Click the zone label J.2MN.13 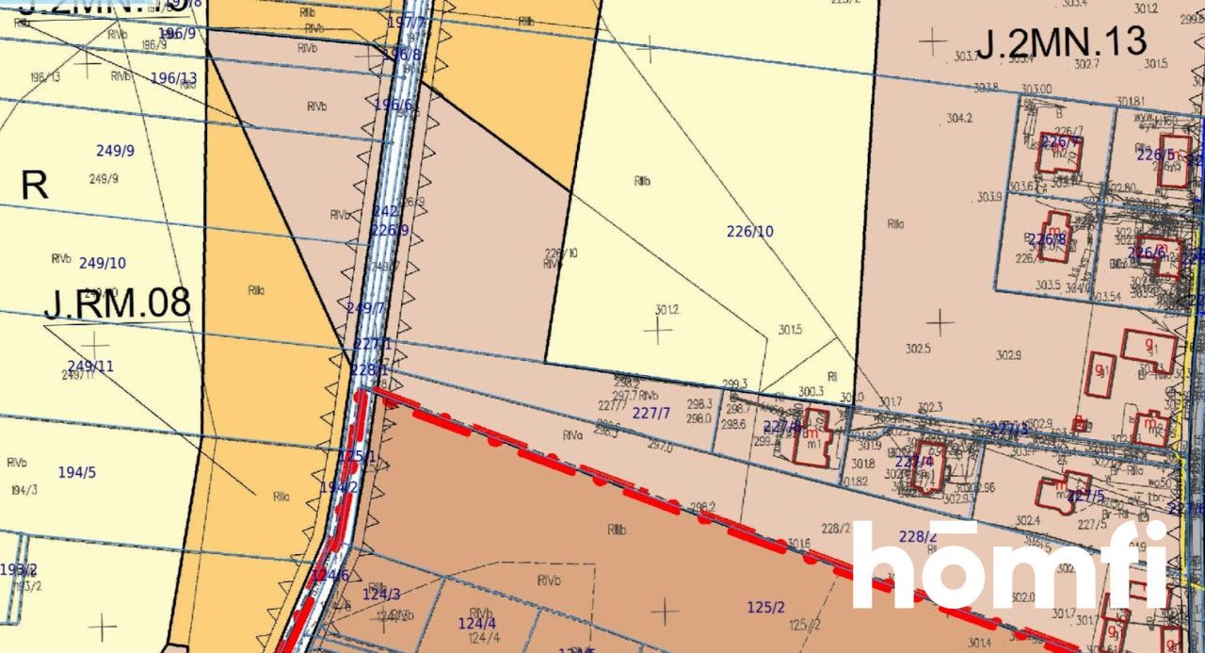pos(1061,42)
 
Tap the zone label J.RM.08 pos(117,302)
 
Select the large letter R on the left pos(34,186)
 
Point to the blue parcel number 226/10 pos(750,231)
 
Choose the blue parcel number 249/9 pos(116,150)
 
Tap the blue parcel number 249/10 pos(103,263)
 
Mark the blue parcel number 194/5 pos(77,472)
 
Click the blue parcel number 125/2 pos(765,608)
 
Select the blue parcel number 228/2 pos(918,536)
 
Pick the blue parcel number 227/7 pos(651,413)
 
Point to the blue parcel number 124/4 pos(476,623)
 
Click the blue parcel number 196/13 pos(174,78)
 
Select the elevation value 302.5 pos(918,349)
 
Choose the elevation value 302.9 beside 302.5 pos(1007,355)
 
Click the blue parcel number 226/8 pos(1048,239)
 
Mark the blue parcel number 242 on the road pos(386,212)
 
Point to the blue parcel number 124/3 pos(381,594)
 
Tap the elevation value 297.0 pos(660,448)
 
